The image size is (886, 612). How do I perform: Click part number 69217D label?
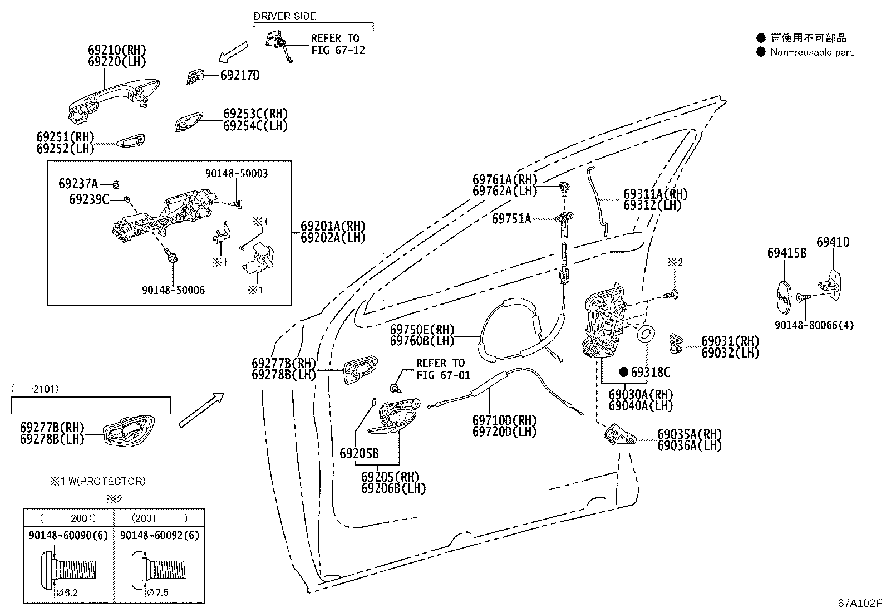pos(240,75)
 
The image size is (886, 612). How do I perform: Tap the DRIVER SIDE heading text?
pos(284,16)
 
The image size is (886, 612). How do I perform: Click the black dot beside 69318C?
pos(623,372)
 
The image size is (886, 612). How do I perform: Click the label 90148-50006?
pos(173,290)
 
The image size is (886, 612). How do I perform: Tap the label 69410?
pos(833,242)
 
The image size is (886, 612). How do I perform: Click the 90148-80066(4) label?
pos(821,325)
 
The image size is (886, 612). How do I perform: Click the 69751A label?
pos(511,219)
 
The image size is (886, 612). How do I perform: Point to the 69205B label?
pos(359,453)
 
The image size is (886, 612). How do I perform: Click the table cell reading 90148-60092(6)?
pos(160,535)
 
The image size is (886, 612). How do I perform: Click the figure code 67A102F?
pos(860,603)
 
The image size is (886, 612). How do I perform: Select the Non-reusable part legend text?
pos(811,52)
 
